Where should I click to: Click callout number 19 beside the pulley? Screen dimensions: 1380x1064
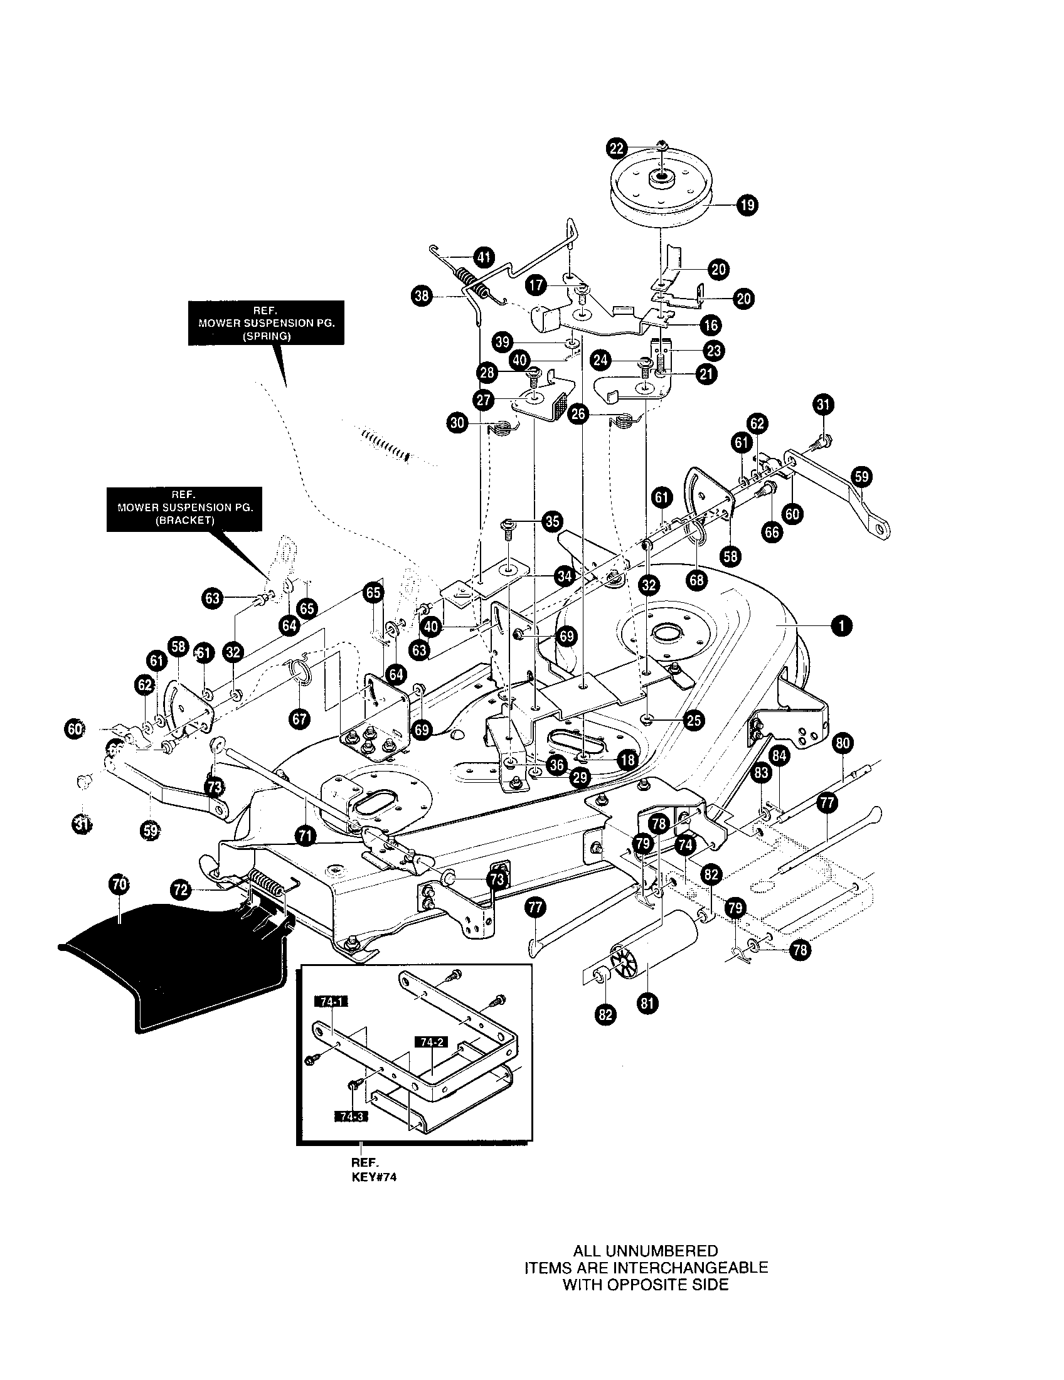(748, 205)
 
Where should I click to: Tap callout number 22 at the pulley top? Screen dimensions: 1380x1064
(617, 149)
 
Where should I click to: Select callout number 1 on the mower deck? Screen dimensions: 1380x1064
(841, 625)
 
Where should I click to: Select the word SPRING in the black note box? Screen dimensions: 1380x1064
(266, 336)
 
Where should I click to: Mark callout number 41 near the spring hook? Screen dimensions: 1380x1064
(484, 257)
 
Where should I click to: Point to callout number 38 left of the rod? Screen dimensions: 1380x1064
(421, 295)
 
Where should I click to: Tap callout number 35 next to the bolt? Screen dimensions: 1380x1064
(552, 521)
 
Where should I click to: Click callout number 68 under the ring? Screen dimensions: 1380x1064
(697, 580)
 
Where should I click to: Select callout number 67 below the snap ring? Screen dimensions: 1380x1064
(299, 718)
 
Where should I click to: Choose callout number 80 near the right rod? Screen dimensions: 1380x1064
(843, 744)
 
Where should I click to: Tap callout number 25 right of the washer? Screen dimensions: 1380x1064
(694, 720)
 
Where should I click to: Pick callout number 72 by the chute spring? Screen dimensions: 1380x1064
(181, 889)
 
